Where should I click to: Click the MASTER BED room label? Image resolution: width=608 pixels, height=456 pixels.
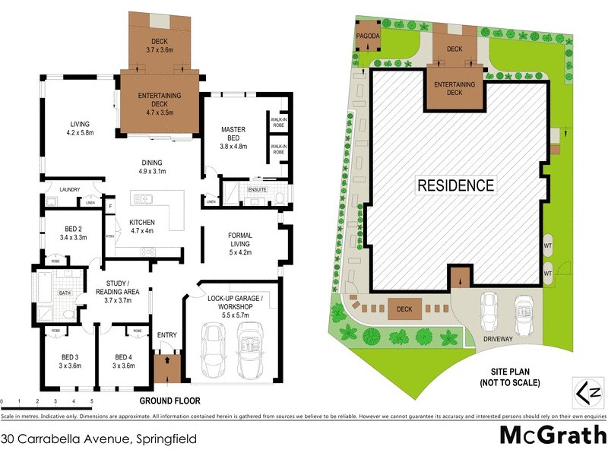click(233, 134)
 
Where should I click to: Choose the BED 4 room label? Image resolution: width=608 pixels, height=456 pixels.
click(124, 361)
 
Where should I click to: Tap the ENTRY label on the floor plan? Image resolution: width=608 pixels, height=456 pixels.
click(166, 335)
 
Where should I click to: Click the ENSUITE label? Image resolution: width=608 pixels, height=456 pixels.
click(258, 188)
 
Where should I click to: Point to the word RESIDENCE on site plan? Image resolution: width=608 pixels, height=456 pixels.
click(454, 185)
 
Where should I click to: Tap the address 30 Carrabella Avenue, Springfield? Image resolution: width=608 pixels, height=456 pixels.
click(99, 439)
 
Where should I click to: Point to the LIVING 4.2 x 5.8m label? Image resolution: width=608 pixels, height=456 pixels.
click(80, 128)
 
